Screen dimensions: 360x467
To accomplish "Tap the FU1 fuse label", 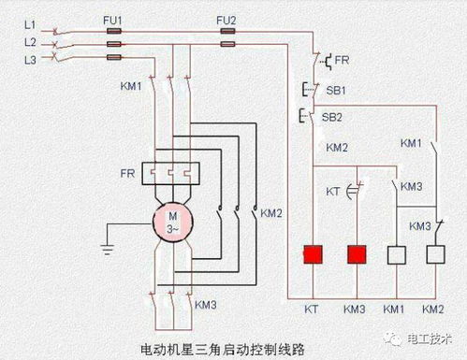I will [113, 18].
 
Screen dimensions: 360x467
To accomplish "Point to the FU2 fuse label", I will [226, 18].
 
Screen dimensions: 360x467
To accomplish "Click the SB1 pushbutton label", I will [334, 91].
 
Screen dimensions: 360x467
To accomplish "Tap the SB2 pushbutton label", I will [331, 118].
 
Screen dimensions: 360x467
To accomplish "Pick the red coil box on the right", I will [355, 253].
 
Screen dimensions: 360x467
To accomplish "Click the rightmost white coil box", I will [433, 253].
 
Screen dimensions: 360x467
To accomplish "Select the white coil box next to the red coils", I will [396, 253].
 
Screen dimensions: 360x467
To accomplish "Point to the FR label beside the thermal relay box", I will [124, 174].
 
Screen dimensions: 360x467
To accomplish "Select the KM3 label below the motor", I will [206, 305].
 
